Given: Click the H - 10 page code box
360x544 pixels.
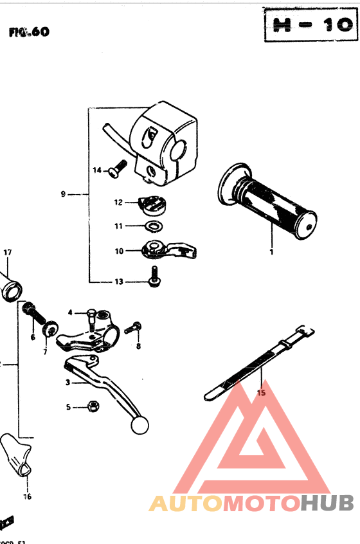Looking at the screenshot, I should click(x=310, y=25).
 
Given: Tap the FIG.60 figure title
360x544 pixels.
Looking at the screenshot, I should click(x=29, y=32).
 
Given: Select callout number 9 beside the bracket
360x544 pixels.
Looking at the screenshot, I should click(x=63, y=194).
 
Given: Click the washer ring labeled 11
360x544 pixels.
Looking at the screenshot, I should click(x=153, y=226).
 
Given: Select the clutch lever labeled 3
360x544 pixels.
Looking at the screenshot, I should click(x=106, y=386).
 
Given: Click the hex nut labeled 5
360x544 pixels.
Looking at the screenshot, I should click(x=93, y=406).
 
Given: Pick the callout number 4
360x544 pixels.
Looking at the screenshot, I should click(x=71, y=313).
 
